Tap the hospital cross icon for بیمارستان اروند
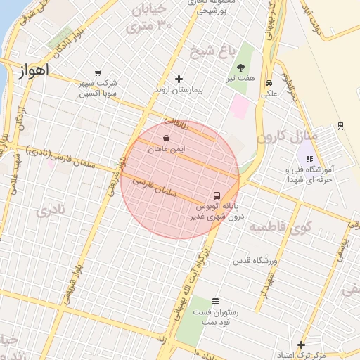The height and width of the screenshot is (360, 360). [x=179, y=79]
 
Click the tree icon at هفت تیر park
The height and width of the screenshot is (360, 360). [x=241, y=68]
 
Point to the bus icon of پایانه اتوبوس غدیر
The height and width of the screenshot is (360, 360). [x=216, y=195]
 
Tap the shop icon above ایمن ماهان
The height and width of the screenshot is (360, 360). [x=166, y=138]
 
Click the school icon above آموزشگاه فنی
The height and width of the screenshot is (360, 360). [x=309, y=159]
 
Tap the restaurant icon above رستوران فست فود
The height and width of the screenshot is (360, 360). [x=214, y=301]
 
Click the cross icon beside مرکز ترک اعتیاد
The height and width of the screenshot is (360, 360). [x=301, y=345]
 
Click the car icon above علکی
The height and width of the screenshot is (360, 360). [x=269, y=82]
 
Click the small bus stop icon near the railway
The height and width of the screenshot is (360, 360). [x=340, y=125]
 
